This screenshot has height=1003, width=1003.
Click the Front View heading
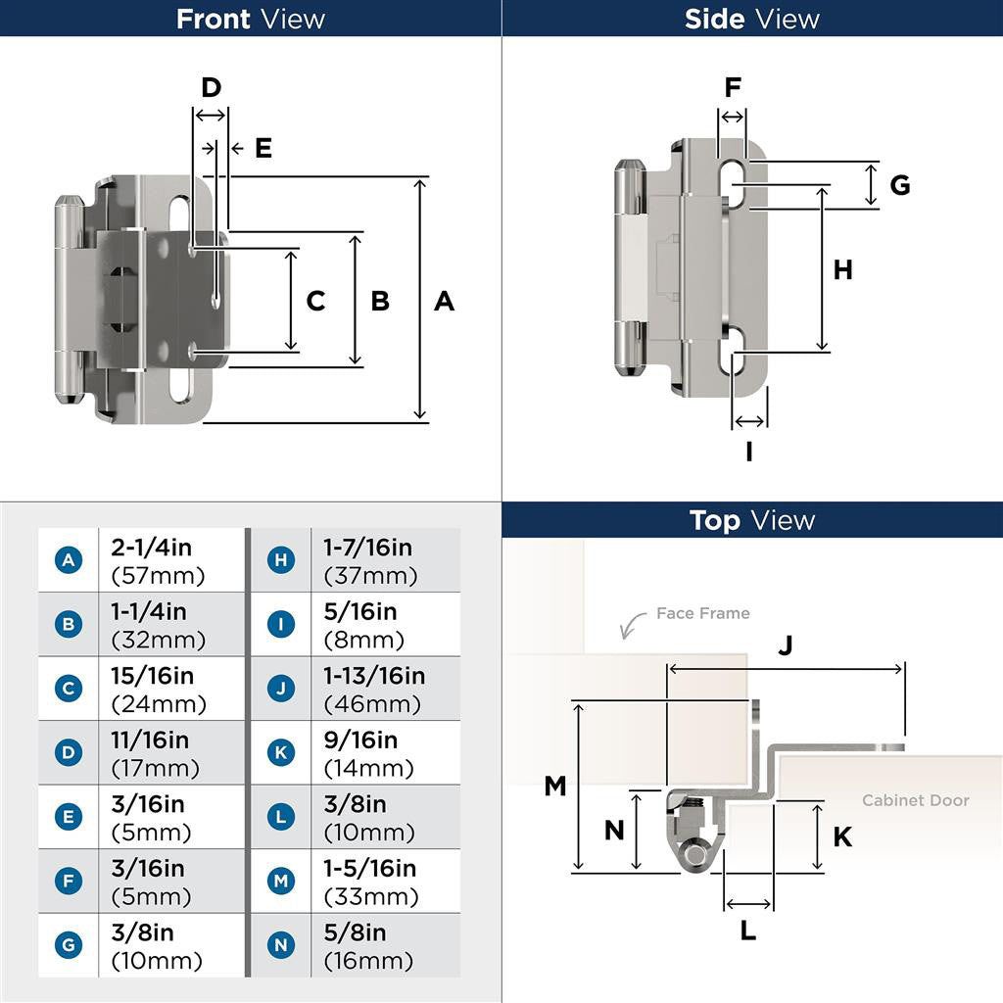(x=251, y=19)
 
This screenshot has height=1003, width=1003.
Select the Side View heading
(x=752, y=19)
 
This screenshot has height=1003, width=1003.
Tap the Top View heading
(x=752, y=520)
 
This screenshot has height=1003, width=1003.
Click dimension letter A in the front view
(x=444, y=301)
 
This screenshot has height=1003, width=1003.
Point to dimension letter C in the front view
(x=315, y=301)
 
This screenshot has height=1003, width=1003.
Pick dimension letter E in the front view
(x=263, y=148)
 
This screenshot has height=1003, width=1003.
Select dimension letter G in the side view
(x=899, y=184)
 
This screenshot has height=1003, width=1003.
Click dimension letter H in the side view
(x=842, y=269)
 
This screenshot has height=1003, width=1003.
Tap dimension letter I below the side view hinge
(x=749, y=452)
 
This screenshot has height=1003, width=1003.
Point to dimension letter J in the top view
(x=785, y=645)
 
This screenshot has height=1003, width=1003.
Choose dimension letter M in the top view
(x=555, y=786)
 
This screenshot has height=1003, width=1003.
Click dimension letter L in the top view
(x=747, y=931)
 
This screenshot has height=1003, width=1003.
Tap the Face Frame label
(x=702, y=613)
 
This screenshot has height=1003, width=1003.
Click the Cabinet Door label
(x=915, y=800)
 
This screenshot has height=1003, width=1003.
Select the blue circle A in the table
(x=69, y=560)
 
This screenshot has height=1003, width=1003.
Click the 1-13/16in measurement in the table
(x=374, y=676)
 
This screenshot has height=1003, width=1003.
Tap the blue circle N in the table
(x=281, y=945)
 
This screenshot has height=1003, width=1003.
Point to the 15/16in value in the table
(x=153, y=676)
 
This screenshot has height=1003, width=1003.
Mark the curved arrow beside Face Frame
(x=634, y=622)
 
